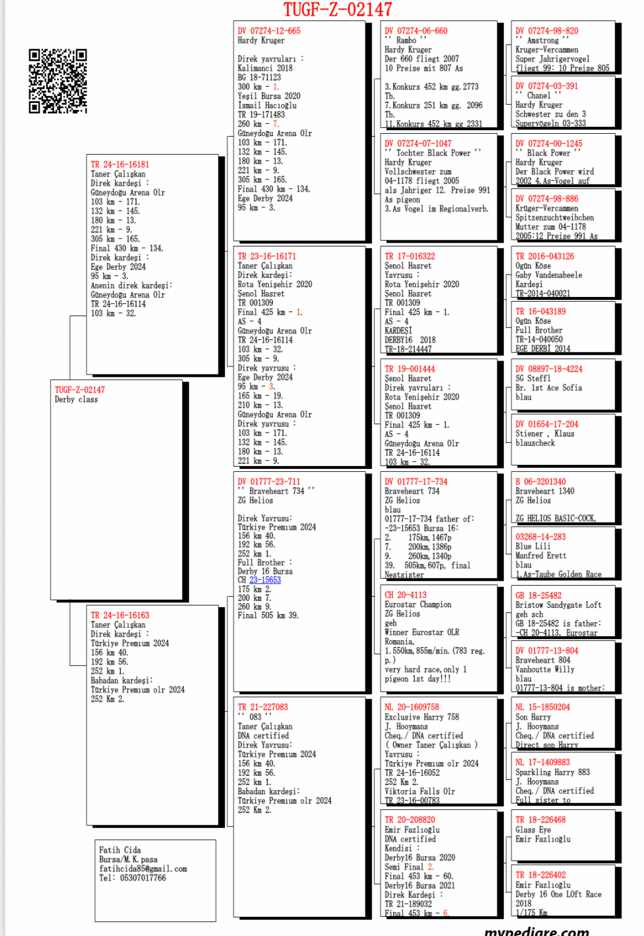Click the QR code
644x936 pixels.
click(x=58, y=80)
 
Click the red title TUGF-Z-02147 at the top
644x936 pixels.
click(x=337, y=9)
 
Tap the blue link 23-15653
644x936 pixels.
click(x=265, y=580)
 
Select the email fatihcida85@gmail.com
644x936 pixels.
click(x=143, y=869)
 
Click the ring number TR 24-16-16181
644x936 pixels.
click(x=120, y=164)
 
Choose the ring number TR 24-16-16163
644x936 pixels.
click(x=120, y=615)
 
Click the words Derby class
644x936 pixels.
click(x=76, y=399)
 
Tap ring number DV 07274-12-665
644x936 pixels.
click(x=269, y=31)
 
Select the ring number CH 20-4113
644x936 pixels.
click(x=406, y=595)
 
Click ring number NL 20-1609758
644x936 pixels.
click(x=412, y=707)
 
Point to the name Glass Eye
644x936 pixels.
click(x=533, y=829)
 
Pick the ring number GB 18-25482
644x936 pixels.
click(x=538, y=596)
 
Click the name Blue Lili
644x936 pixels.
click(x=533, y=546)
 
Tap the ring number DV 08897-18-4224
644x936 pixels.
click(x=549, y=369)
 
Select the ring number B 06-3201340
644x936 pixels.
click(x=540, y=482)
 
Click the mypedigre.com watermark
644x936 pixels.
click(x=536, y=931)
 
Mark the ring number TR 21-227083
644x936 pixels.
click(x=263, y=707)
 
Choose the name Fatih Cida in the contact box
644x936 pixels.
click(x=120, y=850)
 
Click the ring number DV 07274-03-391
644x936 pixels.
click(x=547, y=86)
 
